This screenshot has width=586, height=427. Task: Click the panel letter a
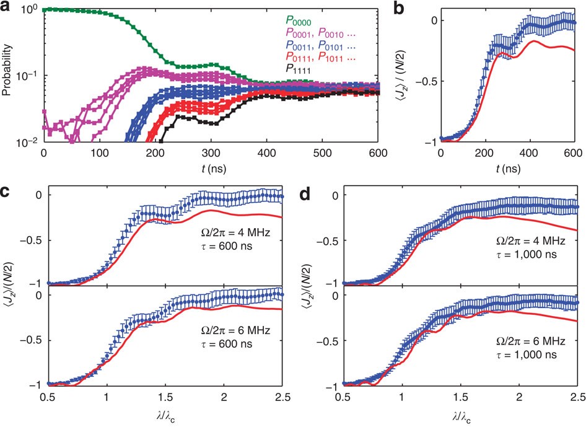click(6, 6)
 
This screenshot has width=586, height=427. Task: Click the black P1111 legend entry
click(297, 70)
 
